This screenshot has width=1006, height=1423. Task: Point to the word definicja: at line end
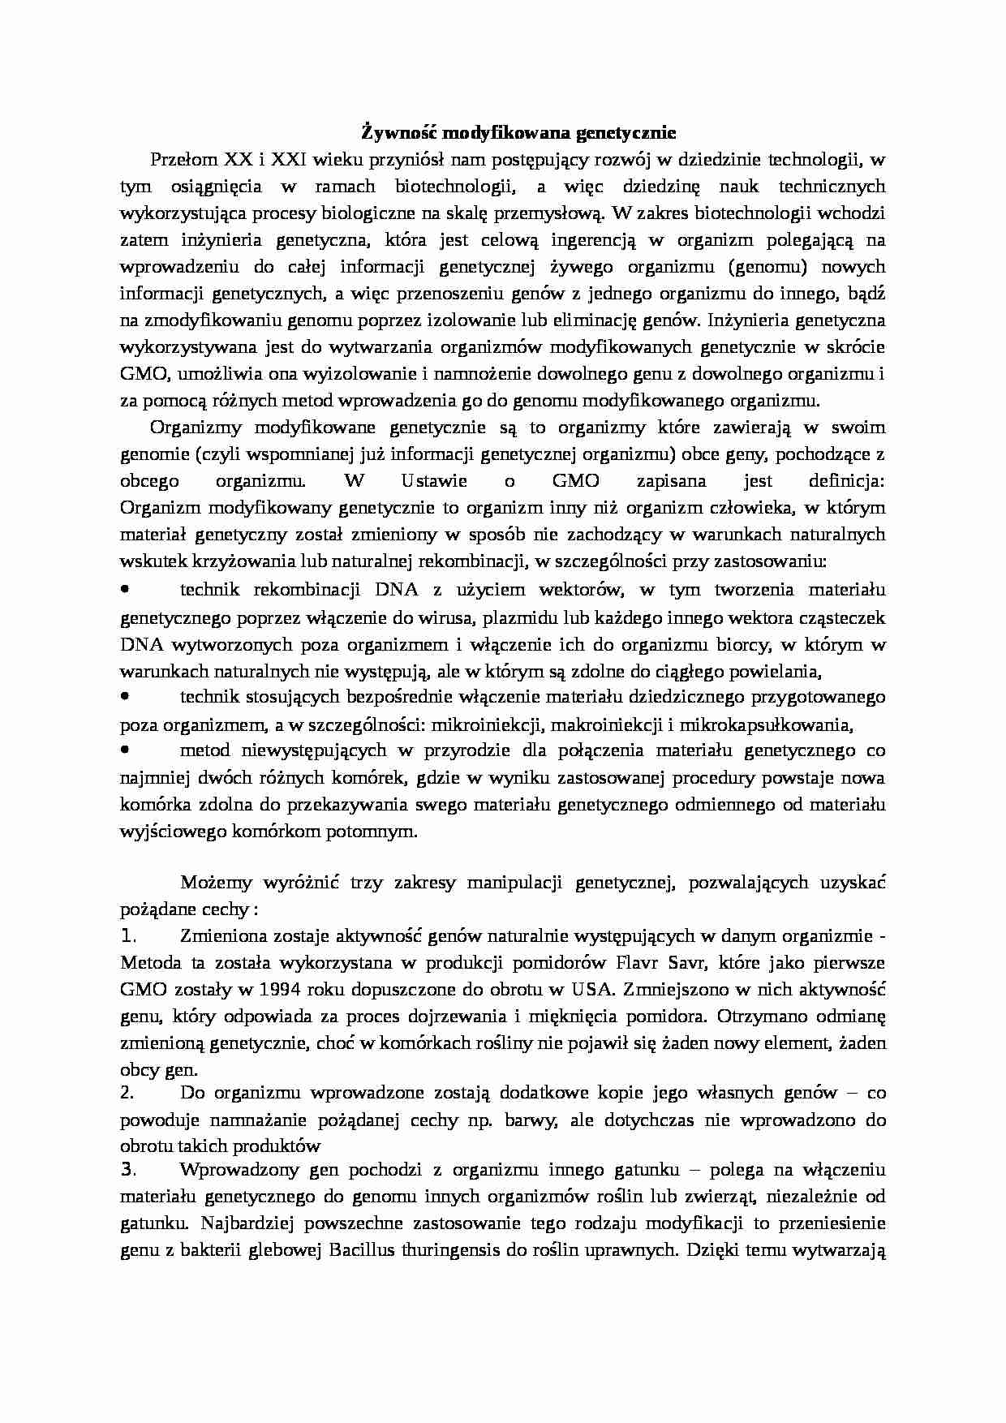pos(847,480)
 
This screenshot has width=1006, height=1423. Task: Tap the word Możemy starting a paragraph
pos(208,882)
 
